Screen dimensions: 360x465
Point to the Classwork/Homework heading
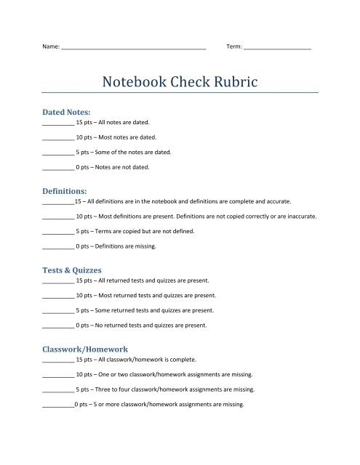pos(85,349)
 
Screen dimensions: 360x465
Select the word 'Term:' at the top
pos(235,46)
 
